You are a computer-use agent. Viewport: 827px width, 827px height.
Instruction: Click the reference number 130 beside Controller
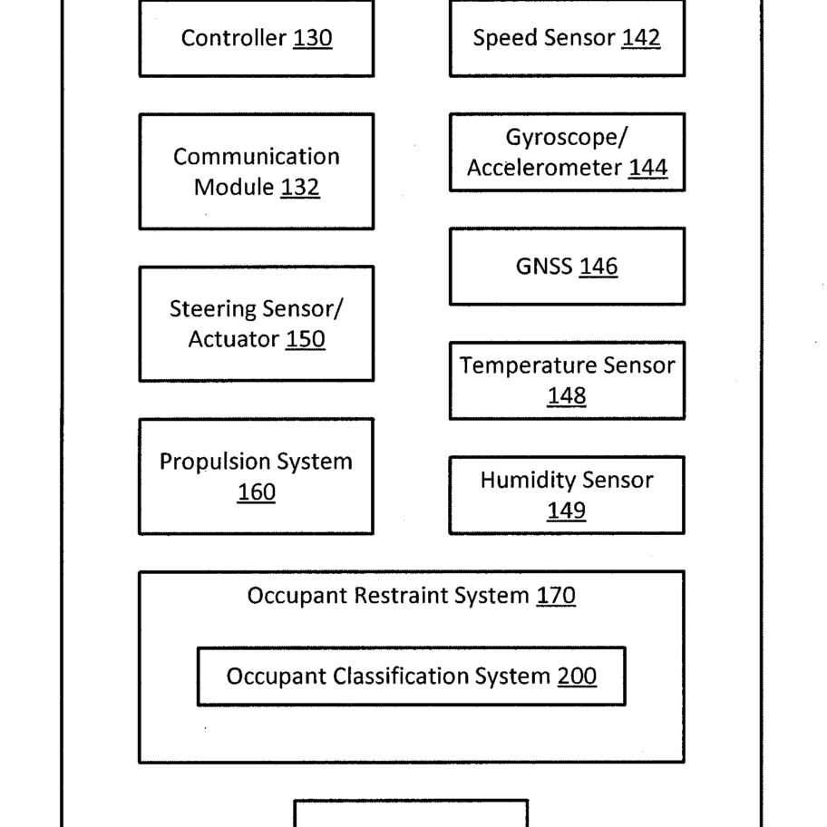[x=313, y=38]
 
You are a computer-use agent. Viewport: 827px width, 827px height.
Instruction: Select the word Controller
[x=234, y=38]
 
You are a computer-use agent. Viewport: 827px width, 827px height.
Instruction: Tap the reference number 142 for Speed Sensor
[x=641, y=38]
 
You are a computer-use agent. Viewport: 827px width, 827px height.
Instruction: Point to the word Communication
[x=257, y=157]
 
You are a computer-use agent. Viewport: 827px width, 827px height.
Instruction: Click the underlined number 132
[x=300, y=187]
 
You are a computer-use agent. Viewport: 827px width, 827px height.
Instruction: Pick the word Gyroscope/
[x=567, y=138]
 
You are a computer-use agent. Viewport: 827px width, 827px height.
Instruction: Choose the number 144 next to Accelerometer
[x=648, y=168]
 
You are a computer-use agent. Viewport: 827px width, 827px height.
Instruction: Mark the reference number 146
[x=598, y=267]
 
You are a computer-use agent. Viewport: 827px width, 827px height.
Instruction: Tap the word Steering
[x=212, y=309]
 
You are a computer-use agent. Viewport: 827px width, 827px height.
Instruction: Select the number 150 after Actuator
[x=306, y=339]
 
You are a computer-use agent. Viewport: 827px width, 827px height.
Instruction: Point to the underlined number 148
[x=567, y=396]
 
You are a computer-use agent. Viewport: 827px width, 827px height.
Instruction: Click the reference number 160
[x=257, y=492]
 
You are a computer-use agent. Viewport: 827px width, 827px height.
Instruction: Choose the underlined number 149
[x=567, y=511]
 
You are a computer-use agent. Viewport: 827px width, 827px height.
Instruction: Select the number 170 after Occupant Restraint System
[x=556, y=596]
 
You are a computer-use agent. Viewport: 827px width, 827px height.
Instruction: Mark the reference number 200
[x=577, y=676]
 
